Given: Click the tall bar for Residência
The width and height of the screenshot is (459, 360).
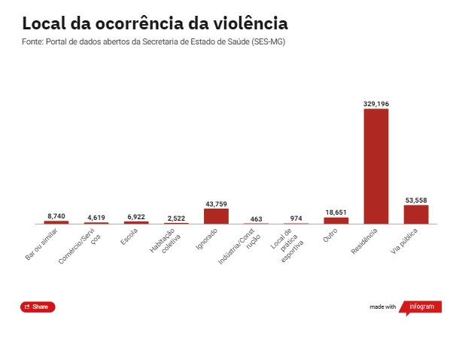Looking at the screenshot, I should (x=375, y=166).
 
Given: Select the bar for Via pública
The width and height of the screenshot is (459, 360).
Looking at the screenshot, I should (x=416, y=215).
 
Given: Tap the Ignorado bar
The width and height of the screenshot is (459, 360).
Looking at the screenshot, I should (x=216, y=216).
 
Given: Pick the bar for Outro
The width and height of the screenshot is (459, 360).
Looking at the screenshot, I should (x=336, y=221).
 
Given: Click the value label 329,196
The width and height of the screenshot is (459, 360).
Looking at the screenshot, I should (x=375, y=103).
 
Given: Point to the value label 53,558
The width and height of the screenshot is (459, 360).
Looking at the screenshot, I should (x=416, y=200).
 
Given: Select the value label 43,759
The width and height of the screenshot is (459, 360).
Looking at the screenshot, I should (x=216, y=204).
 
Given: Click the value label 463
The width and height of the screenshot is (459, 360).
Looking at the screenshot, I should (x=256, y=219).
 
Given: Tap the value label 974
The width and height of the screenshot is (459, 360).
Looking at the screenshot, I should (x=296, y=218).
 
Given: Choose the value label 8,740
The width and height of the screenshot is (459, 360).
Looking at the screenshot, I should (x=56, y=216).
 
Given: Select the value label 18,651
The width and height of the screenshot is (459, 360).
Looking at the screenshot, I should (x=336, y=212).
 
